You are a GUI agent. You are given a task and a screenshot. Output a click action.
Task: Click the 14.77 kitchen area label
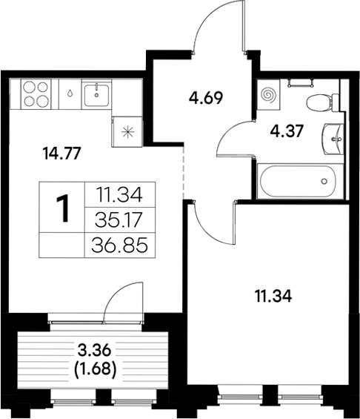pos(63,154)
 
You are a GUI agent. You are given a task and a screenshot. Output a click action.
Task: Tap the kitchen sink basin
pos(97,94)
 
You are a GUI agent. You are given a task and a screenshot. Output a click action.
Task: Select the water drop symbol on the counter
pos(68,95)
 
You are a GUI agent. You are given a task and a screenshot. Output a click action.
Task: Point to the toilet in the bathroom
pos(318,102)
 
